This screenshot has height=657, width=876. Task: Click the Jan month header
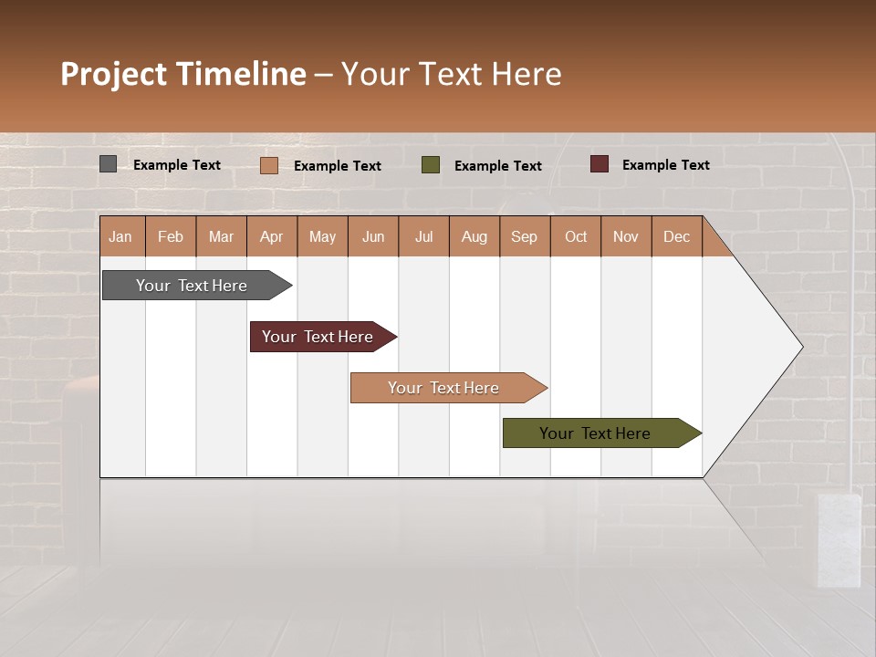pyautogui.click(x=120, y=236)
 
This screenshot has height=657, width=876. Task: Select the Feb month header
pyautogui.click(x=171, y=236)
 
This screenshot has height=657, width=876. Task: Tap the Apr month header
pyautogui.click(x=271, y=236)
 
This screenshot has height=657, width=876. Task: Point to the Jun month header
pyautogui.click(x=373, y=236)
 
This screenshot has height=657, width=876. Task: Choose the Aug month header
pyautogui.click(x=474, y=236)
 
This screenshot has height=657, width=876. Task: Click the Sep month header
pyautogui.click(x=524, y=236)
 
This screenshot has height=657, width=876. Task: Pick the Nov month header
pyautogui.click(x=625, y=236)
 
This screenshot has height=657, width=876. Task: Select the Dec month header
pyautogui.click(x=676, y=236)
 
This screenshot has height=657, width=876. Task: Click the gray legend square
pyautogui.click(x=109, y=164)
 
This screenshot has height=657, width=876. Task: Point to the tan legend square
pyautogui.click(x=269, y=165)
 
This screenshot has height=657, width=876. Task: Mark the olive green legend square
pyautogui.click(x=431, y=165)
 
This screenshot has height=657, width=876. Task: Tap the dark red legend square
pyautogui.click(x=599, y=164)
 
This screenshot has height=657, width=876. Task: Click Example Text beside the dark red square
pyautogui.click(x=665, y=164)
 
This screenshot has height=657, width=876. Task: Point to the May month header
pyautogui.click(x=322, y=236)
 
